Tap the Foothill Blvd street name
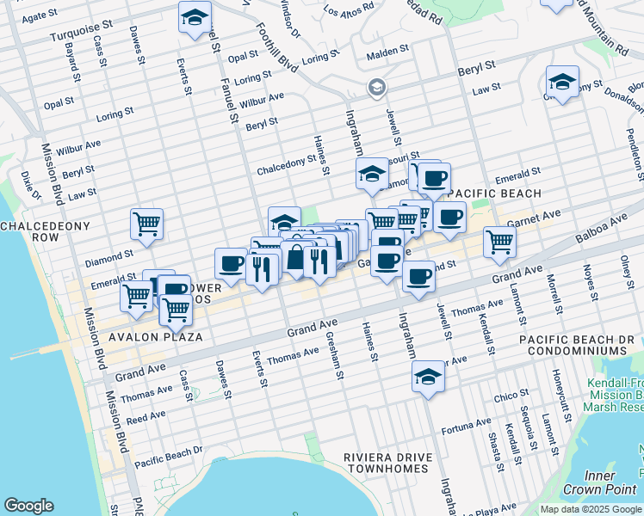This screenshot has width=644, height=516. click(277, 51)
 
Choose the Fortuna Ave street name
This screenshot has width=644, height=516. click(466, 427)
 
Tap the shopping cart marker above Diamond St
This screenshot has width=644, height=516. click(147, 224)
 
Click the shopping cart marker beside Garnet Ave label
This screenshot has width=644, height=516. click(498, 241)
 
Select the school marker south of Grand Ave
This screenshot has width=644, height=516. click(428, 377)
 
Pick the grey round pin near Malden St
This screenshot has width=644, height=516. click(376, 87)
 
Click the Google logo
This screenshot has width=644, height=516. click(29, 506)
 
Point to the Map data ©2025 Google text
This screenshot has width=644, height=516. click(591, 509)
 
